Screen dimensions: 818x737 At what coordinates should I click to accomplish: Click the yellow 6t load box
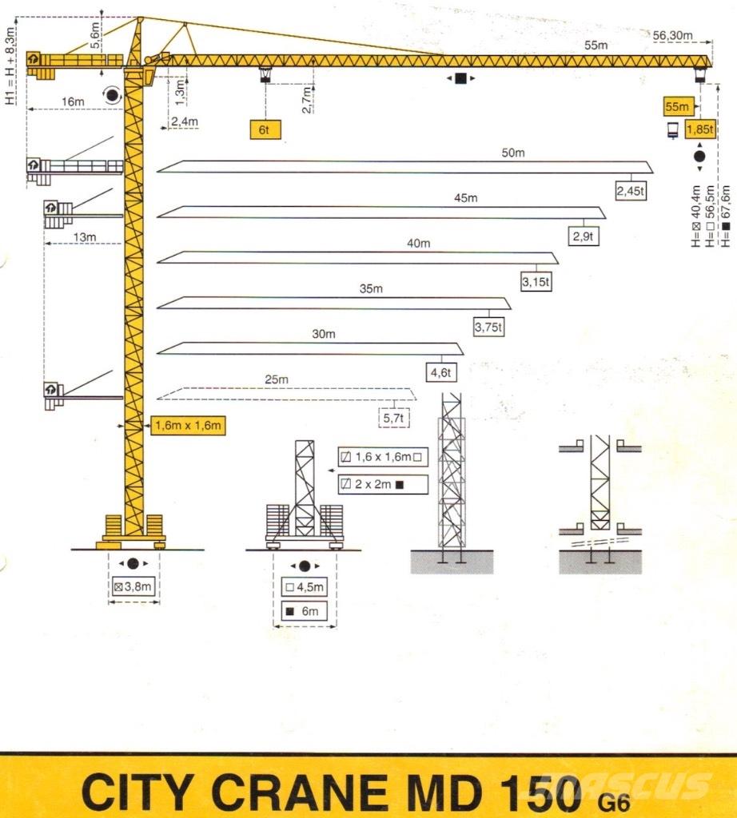click(265, 130)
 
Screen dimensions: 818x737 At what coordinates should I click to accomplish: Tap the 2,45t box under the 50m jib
click(631, 191)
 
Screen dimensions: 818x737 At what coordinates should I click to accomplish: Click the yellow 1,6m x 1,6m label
click(186, 426)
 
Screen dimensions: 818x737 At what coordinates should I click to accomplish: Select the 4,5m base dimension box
click(305, 587)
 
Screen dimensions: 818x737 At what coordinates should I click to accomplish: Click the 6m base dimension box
click(305, 613)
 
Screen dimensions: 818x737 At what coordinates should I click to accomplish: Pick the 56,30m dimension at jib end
click(671, 35)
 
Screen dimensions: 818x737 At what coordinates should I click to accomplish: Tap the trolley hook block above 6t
click(265, 76)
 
